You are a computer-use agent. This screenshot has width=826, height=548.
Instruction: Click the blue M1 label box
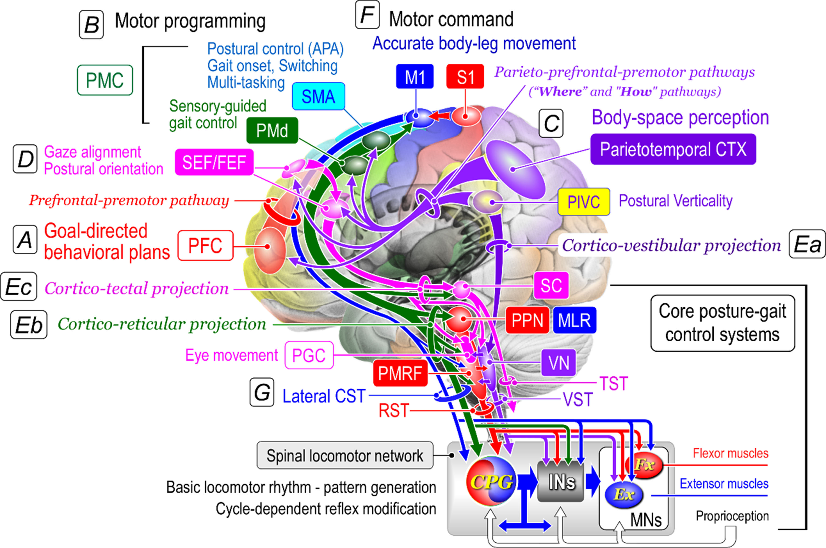pyautogui.click(x=415, y=77)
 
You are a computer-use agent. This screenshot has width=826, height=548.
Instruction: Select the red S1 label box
pyautogui.click(x=465, y=77)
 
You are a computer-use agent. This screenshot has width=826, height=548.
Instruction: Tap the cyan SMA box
pyautogui.click(x=318, y=96)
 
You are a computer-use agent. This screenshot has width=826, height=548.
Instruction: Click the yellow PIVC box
pyautogui.click(x=584, y=202)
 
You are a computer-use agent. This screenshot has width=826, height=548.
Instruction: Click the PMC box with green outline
pyautogui.click(x=105, y=80)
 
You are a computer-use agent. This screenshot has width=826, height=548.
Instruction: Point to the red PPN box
pyautogui.click(x=527, y=320)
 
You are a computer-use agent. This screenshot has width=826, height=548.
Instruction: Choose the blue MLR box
pyautogui.click(x=574, y=320)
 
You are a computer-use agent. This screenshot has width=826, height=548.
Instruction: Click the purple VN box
pyautogui.click(x=558, y=363)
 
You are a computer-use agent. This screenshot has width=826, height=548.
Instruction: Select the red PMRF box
pyautogui.click(x=400, y=373)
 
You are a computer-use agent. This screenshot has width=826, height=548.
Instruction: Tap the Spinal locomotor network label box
pyautogui.click(x=345, y=455)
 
